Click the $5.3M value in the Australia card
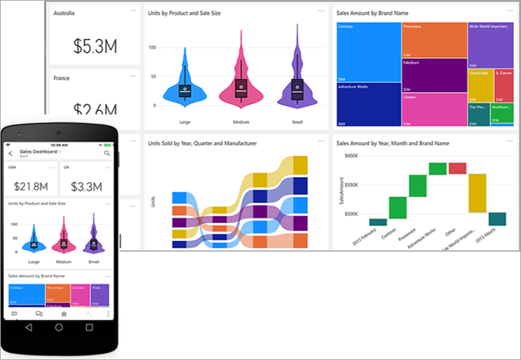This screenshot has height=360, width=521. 95,45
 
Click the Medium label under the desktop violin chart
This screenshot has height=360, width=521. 241,121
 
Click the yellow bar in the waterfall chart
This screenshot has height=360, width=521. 477,193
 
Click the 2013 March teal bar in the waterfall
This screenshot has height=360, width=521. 497,219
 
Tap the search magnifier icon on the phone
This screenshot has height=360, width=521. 107,153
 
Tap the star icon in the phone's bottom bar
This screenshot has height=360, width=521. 62,313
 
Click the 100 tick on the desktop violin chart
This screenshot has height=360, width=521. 153,47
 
